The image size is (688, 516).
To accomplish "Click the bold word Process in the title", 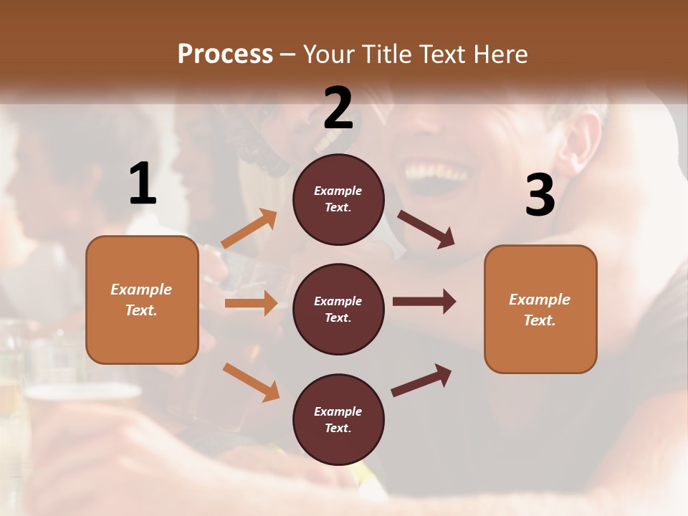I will (x=225, y=54).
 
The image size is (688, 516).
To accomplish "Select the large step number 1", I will (x=143, y=184).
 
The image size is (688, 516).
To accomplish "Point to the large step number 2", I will (x=338, y=108).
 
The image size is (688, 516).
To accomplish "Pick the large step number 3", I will (x=540, y=195).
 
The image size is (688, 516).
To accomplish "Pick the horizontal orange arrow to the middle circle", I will (x=251, y=303).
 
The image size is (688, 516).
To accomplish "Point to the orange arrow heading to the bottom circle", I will (x=252, y=381).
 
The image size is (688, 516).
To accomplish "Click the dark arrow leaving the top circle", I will (x=426, y=229).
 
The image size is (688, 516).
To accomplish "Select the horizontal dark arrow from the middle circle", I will (x=424, y=302).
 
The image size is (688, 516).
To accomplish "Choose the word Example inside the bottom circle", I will (x=338, y=411).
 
